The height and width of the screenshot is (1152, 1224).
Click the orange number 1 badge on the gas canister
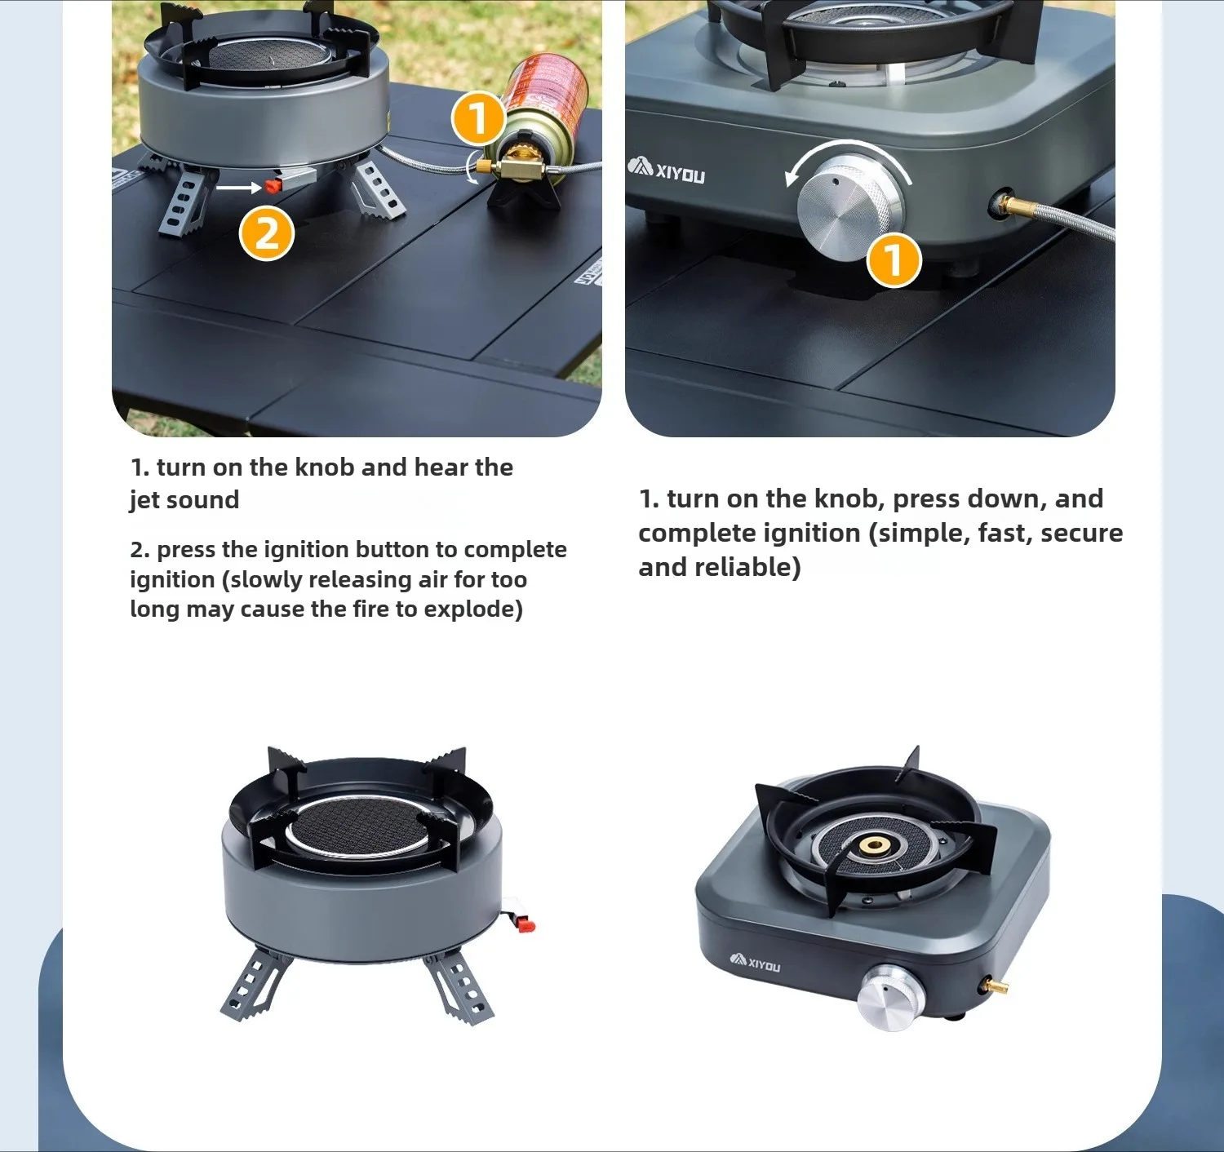point(478,118)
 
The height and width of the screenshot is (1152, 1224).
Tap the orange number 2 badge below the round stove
point(267,234)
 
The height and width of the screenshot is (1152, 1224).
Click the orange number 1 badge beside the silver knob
point(894,260)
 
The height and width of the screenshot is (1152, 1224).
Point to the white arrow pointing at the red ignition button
point(239,187)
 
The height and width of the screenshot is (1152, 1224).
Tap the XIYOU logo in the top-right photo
point(666,171)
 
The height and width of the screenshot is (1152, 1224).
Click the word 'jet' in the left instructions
point(144,500)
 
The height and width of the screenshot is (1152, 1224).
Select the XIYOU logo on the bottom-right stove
point(756,963)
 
